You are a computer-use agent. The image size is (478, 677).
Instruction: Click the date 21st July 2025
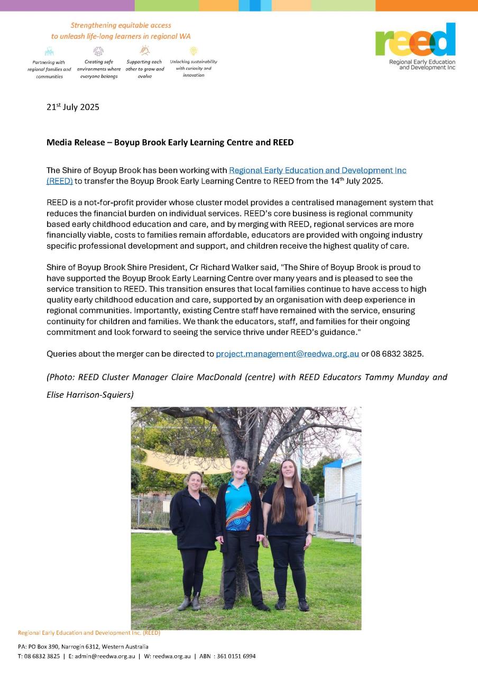coord(73,107)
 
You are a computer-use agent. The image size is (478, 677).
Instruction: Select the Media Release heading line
coord(170,142)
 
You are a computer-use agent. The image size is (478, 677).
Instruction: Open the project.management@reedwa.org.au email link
coord(287,354)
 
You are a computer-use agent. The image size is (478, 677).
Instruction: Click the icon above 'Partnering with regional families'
coord(49,52)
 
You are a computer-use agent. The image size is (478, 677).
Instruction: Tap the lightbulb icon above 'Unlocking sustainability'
coord(194,51)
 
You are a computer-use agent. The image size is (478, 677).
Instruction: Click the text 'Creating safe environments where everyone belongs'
coord(99,69)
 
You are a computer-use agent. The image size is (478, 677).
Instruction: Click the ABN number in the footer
coord(235,656)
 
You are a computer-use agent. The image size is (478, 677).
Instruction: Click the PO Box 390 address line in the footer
coord(83,646)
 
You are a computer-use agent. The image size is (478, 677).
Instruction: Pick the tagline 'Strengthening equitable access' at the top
coord(121,25)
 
